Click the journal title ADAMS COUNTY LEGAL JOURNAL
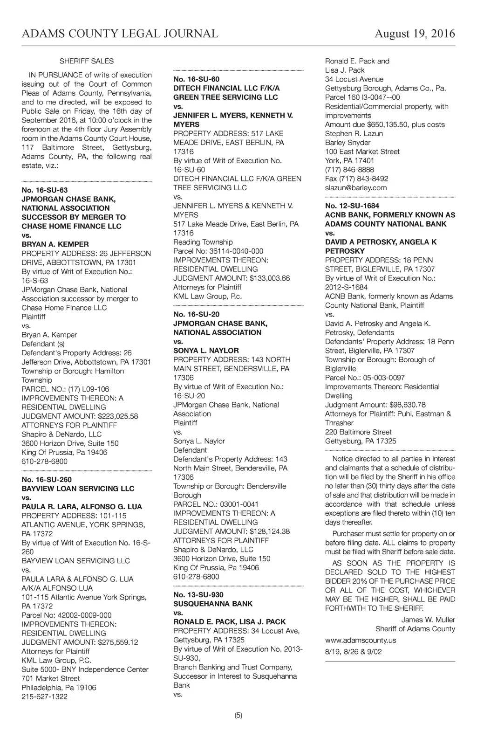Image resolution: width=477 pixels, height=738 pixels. coord(120,34)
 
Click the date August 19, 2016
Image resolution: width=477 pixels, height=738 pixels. coord(415,34)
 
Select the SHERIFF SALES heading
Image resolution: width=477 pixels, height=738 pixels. coord(87,61)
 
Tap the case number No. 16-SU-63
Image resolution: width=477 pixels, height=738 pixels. coord(45,190)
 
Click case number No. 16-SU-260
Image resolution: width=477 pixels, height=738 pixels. coord(47,480)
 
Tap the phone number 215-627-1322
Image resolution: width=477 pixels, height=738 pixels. coord(45,697)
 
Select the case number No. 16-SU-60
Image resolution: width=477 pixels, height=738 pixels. coord(196,79)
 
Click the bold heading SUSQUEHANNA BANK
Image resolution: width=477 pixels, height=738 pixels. coord(213,604)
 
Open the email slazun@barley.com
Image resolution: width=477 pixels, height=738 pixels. coord(356,188)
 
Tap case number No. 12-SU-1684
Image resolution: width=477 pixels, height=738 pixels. coord(352,206)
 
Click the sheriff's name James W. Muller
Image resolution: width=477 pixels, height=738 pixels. coord(428,620)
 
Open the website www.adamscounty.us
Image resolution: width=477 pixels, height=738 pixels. coord(361,641)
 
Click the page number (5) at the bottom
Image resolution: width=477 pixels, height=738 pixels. coord(238,716)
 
